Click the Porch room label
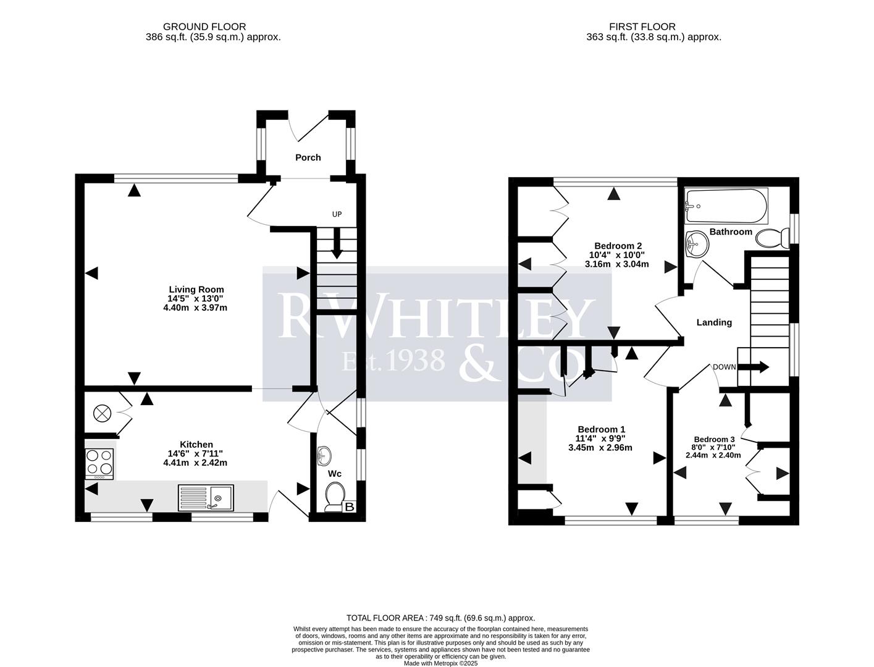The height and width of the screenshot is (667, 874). (x=308, y=157)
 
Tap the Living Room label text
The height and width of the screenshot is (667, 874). (x=196, y=289)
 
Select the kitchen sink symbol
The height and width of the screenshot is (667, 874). (x=206, y=498)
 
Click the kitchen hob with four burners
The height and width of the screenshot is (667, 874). (x=99, y=463)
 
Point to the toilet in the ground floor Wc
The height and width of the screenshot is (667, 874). (x=335, y=496)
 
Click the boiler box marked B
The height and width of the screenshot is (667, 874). (x=350, y=507)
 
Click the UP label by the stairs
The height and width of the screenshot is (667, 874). (x=337, y=214)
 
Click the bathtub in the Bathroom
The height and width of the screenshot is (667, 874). (x=726, y=206)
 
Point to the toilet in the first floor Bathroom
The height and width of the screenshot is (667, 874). (x=773, y=238)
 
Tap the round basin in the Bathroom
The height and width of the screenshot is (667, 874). (x=697, y=243)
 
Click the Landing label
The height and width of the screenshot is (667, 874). (x=714, y=322)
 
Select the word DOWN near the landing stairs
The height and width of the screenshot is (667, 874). (x=724, y=367)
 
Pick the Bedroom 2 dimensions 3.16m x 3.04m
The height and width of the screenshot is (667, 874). (x=616, y=264)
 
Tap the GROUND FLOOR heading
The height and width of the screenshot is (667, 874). (x=204, y=27)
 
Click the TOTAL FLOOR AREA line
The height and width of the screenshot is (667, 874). (x=440, y=618)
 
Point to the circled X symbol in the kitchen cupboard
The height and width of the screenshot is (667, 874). (x=101, y=413)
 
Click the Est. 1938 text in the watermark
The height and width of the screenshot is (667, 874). (x=393, y=360)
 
